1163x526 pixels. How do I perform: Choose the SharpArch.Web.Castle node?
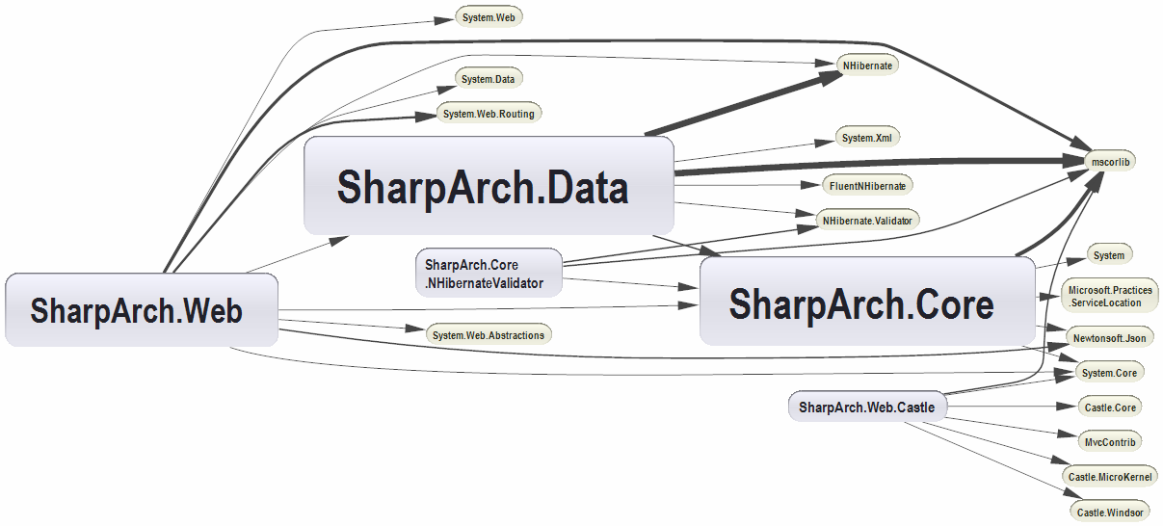pyautogui.click(x=866, y=408)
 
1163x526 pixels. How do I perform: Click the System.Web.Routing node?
pyautogui.click(x=489, y=114)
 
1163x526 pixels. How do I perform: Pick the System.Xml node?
pyautogui.click(x=867, y=138)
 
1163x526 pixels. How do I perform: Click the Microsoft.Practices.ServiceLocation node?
pyautogui.click(x=1110, y=296)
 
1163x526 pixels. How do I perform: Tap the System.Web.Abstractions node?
pyautogui.click(x=489, y=335)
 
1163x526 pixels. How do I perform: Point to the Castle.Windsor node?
pyautogui.click(x=1110, y=512)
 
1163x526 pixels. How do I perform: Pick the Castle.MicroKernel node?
pyautogui.click(x=1110, y=477)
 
